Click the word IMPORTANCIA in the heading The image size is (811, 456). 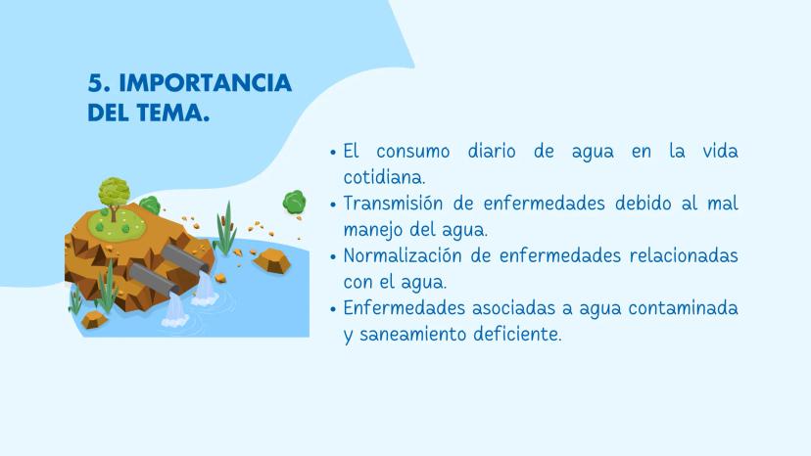(206, 83)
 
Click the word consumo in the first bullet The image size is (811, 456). (412, 152)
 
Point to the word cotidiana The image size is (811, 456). (383, 177)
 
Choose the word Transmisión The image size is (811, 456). (393, 204)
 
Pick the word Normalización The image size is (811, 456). (403, 255)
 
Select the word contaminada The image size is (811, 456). (684, 308)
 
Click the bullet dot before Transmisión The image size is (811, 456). (333, 205)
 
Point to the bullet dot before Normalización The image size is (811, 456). (333, 257)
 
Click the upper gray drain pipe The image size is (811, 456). (185, 258)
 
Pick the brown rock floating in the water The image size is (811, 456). (272, 260)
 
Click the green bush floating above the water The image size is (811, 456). (294, 203)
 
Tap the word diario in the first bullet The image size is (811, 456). (492, 152)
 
